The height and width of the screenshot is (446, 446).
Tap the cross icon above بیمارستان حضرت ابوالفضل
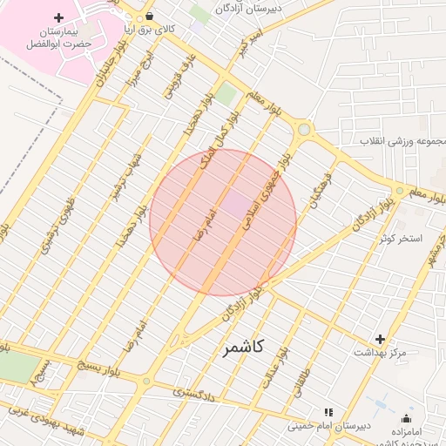[58, 17]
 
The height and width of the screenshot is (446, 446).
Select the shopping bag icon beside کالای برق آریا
[151, 16]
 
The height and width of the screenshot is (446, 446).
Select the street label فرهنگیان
[315, 191]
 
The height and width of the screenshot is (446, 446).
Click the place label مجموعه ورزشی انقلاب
[404, 140]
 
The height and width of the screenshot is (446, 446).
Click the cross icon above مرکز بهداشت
[380, 339]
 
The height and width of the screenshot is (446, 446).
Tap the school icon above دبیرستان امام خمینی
[328, 411]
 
